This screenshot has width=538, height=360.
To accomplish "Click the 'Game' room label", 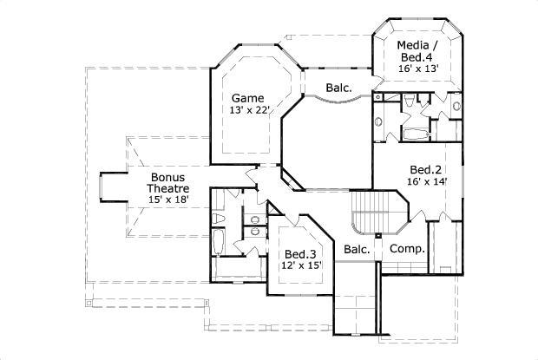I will (x=248, y=98).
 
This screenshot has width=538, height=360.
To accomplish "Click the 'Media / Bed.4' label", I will (x=417, y=51).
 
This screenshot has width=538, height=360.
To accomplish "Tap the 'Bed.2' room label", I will (x=426, y=169).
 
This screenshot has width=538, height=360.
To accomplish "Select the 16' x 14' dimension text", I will (x=426, y=182).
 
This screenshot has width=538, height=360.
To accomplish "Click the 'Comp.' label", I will (x=407, y=249).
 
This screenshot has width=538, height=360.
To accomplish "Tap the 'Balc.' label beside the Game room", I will (x=338, y=88).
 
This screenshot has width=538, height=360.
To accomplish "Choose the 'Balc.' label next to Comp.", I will (x=357, y=249).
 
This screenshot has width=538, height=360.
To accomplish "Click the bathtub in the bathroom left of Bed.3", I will (x=219, y=243).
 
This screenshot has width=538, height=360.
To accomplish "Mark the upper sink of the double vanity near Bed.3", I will (x=253, y=218).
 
